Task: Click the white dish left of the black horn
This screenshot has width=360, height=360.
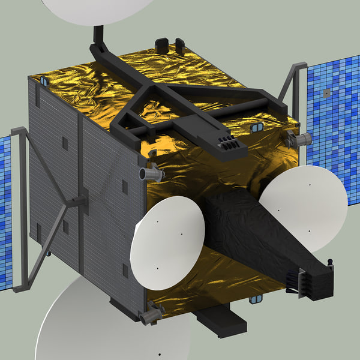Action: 169,236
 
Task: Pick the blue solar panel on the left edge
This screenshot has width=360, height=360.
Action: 5,210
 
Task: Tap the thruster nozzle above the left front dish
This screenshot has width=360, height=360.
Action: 151,174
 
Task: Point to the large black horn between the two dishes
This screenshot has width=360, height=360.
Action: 252,228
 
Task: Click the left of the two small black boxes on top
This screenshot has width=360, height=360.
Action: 161,45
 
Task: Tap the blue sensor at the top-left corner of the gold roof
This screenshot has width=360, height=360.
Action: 44,80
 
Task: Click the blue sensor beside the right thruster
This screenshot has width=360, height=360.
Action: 256,128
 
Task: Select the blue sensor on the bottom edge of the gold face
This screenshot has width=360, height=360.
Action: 257,298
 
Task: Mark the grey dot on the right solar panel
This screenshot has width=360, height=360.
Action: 326,93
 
